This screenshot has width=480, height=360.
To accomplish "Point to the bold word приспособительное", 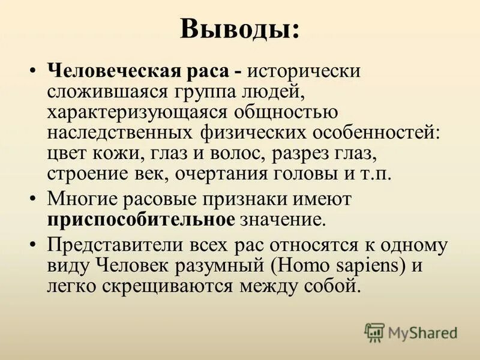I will [x=141, y=219].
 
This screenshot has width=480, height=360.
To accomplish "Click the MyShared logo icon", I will [x=374, y=332].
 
